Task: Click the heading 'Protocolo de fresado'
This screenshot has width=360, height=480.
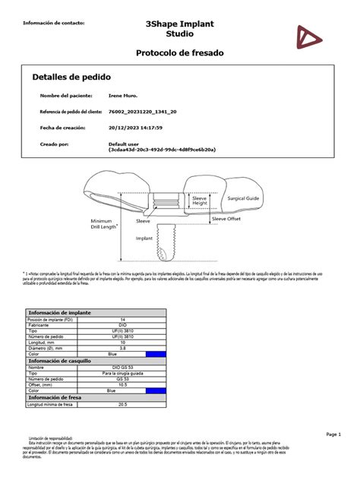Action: click(179, 52)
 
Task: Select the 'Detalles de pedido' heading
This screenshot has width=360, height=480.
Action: click(71, 77)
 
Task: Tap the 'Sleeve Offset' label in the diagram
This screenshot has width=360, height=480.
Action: click(228, 218)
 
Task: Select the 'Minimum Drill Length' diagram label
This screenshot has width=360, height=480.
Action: click(104, 224)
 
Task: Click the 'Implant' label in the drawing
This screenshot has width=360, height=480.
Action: click(146, 238)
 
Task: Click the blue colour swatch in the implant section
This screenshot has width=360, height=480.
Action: click(156, 353)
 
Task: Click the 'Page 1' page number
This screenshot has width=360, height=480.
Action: click(336, 434)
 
